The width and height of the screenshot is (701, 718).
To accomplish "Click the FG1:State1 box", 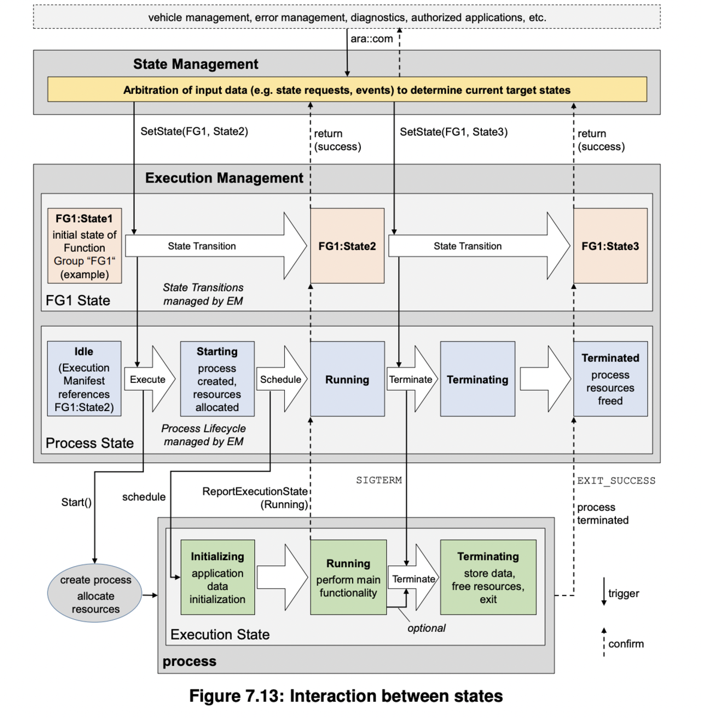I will point(84,246).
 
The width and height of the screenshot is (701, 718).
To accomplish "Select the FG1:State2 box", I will point(347,246).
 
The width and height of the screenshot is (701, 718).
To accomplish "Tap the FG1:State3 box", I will point(610,246).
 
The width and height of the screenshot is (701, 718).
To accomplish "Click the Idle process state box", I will point(84,379).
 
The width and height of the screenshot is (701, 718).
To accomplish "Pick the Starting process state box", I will point(217,379).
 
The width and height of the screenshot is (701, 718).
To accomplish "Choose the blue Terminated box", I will point(610,379).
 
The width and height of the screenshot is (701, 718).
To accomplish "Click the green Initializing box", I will point(217,577).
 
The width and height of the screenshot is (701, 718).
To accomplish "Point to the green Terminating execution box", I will point(488,577).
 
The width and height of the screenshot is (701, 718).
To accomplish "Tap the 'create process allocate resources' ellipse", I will point(95,594).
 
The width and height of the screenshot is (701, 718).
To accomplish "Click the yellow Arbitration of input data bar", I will point(347,90).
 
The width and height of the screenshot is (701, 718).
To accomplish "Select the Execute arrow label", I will point(147,379).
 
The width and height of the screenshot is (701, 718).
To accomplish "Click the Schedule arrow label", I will point(280,379).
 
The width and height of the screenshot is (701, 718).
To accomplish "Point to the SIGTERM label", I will point(379,480).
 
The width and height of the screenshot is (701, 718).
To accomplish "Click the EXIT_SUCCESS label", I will point(616,480).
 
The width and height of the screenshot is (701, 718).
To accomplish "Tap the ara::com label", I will point(372,39).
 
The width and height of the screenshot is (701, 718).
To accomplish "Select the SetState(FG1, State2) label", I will point(194,131).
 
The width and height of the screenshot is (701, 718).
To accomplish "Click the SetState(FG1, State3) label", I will point(453,132).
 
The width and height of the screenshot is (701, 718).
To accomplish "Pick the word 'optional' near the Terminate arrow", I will point(426,628).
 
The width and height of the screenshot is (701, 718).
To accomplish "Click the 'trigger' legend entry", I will point(623,593).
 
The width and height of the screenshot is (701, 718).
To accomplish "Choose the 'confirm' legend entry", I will point(626,644).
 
